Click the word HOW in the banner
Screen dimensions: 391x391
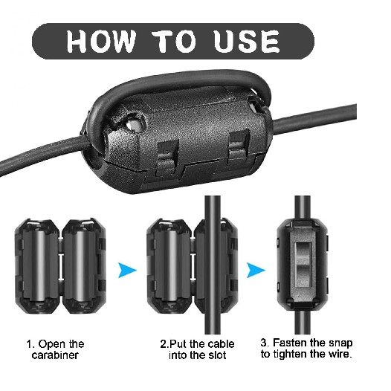click(101, 41)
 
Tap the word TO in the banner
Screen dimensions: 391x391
click(174, 41)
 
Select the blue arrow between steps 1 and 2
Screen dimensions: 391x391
click(127, 270)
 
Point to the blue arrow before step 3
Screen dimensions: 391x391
click(256, 270)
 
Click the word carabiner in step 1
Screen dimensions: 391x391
click(55, 355)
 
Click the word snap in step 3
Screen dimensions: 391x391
click(340, 343)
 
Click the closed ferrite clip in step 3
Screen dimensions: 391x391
click(303, 265)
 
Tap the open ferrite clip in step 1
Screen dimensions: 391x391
click(60, 266)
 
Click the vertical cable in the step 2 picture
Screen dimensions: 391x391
click(213, 265)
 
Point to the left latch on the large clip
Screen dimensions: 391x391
click(167, 157)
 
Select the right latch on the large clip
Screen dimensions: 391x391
click(238, 147)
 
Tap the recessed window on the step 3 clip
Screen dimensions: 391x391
click(303, 265)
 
